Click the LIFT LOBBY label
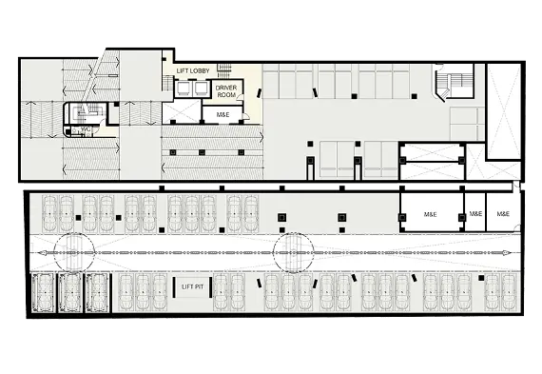point(193,70)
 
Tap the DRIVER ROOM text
point(226,91)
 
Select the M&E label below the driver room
point(223,114)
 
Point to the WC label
point(86,129)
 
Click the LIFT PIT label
point(192,286)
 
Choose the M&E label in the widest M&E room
point(431,214)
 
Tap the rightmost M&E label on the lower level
point(503,214)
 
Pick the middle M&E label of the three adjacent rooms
point(475,214)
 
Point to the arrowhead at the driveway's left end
point(42,253)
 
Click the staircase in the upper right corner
point(454,83)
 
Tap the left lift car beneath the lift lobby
point(182,89)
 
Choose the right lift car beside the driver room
point(199,89)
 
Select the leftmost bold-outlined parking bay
point(43,293)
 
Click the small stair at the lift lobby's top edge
point(224,70)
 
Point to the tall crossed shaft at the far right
point(504,111)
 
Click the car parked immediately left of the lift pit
point(159,292)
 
